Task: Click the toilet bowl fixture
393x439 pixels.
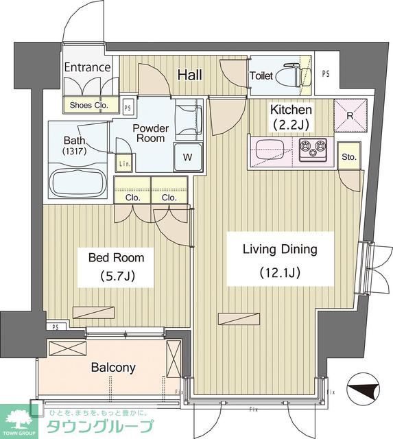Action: click(x=294, y=75)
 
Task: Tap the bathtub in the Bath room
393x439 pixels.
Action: click(x=78, y=181)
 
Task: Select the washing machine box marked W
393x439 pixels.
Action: click(x=188, y=157)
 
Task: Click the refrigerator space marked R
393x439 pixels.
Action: click(x=350, y=115)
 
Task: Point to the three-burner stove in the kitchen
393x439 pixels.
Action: click(x=313, y=150)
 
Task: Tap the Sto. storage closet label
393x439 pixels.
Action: click(x=349, y=157)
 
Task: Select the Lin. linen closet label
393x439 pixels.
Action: click(x=124, y=164)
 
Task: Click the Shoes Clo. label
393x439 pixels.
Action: click(x=89, y=105)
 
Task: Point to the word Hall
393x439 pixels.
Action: click(x=190, y=75)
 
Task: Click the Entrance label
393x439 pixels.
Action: click(x=87, y=67)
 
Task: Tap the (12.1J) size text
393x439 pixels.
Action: click(x=280, y=272)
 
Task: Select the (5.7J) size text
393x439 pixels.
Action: click(x=118, y=276)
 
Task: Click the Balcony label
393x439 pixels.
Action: click(x=113, y=368)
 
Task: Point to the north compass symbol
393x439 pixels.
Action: click(x=363, y=389)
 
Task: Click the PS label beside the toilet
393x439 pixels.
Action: click(x=326, y=74)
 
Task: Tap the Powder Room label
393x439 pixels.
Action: click(x=151, y=133)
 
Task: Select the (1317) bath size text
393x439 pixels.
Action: click(x=75, y=152)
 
